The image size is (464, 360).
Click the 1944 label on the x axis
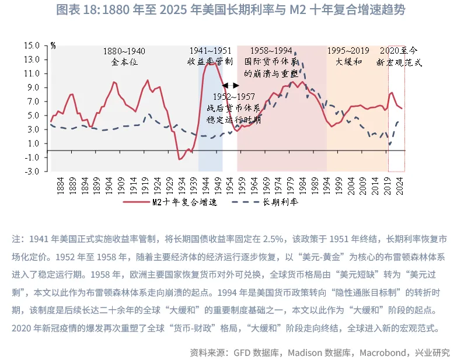pos(206,186)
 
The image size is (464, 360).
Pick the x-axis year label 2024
pos(400,186)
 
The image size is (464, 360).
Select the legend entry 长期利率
pos(280,202)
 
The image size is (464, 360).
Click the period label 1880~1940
pos(124,51)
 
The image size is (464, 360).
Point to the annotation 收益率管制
pos(210,61)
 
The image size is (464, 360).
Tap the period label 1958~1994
pos(267,51)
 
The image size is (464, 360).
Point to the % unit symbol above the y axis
pos(53,45)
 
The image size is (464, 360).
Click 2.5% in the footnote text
pos(272,239)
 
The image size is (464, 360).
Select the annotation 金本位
pos(124,61)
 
